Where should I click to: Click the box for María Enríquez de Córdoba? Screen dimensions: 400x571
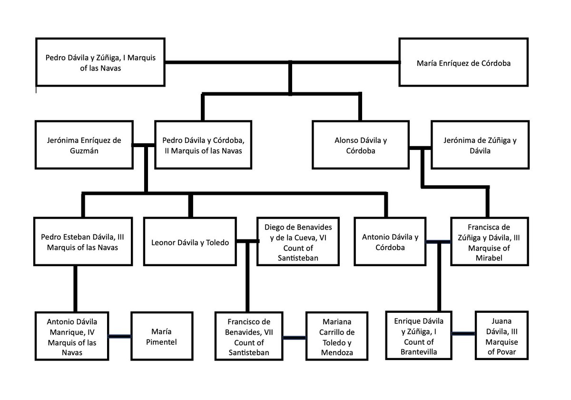click(463, 62)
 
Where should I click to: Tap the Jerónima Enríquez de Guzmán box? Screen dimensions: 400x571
click(84, 145)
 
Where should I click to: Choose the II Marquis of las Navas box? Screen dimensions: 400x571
click(203, 145)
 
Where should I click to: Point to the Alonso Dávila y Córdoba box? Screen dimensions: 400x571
click(360, 145)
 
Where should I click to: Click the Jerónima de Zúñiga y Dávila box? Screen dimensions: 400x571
click(480, 145)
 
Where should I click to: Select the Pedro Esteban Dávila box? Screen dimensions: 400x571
click(82, 241)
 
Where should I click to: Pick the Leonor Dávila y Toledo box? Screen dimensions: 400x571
click(190, 241)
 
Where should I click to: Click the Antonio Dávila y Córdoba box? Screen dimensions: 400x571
click(390, 241)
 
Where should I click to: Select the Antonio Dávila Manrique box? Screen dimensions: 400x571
click(72, 336)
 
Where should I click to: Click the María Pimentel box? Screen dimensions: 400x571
click(161, 336)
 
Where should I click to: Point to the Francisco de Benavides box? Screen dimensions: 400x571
click(248, 336)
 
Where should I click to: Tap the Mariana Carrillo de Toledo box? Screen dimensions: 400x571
click(336, 336)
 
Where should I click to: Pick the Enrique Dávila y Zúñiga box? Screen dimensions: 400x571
click(419, 336)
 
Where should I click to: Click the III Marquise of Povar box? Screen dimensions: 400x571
click(502, 336)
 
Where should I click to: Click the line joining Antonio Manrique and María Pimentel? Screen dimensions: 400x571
click(119, 336)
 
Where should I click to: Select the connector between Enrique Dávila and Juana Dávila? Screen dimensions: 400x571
click(463, 333)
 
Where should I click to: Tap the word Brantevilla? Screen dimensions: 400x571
click(419, 352)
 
